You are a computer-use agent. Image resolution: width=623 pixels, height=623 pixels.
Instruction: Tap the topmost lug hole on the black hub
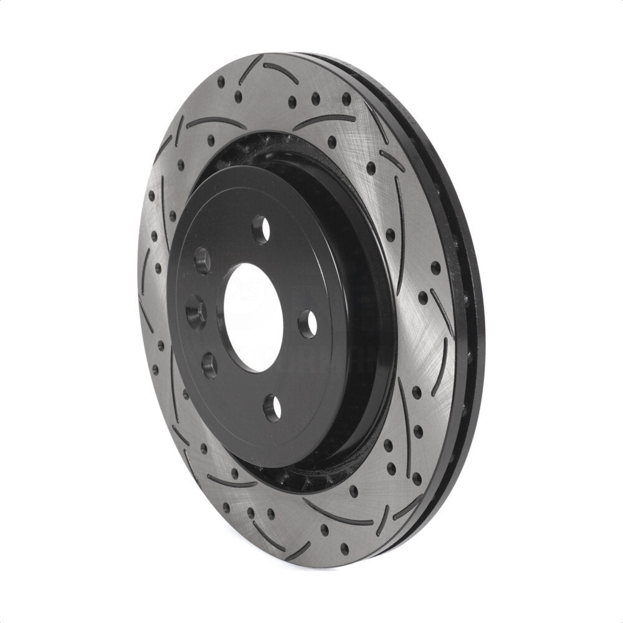262,229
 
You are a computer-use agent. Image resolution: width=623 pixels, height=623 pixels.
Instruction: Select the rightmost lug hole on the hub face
307,323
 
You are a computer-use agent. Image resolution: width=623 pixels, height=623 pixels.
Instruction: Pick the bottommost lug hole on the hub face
272,407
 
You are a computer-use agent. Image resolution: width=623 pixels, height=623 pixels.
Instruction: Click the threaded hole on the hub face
194,308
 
